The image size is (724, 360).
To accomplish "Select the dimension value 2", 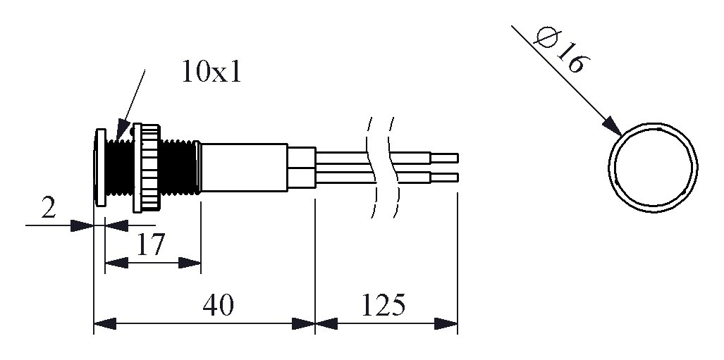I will (48, 209).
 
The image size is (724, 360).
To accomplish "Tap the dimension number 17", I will (150, 244).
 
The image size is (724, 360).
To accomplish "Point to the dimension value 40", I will (219, 306).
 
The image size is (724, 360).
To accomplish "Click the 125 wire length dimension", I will (384, 306).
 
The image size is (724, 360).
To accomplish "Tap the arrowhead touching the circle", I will (612, 128).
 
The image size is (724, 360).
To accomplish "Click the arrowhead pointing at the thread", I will (121, 132).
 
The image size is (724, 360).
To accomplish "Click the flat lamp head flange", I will (99, 167).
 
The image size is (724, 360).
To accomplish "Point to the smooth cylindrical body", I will (244, 167).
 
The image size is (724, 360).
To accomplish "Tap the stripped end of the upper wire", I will (445, 157).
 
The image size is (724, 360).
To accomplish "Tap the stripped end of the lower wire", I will (445, 176).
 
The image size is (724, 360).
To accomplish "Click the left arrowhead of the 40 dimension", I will (104, 324).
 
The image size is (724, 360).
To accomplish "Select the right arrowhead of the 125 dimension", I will (447, 324).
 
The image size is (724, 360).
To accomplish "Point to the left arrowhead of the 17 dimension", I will (116, 263).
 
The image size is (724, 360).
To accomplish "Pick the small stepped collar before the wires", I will (301, 167).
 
